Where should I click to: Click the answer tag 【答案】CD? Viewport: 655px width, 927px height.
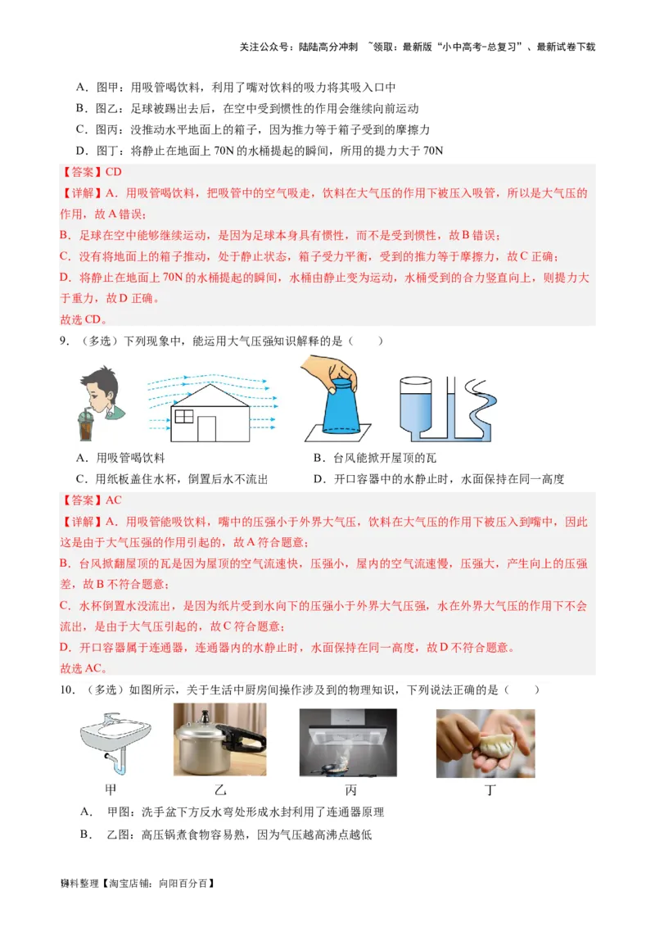[91, 172]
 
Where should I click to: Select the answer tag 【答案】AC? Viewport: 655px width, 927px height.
[91, 500]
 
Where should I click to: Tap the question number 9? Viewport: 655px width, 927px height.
[64, 341]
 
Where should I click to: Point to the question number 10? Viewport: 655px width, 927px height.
[67, 690]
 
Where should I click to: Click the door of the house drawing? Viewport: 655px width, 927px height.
[207, 428]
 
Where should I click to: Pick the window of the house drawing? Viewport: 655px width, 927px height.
[184, 416]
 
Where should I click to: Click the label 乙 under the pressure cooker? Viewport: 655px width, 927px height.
[219, 790]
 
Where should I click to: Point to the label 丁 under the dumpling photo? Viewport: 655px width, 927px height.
[490, 790]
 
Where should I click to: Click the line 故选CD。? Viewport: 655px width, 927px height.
[84, 319]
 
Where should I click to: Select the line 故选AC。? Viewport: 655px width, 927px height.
[84, 667]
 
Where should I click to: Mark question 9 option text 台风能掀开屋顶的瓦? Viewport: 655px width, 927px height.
[385, 459]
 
